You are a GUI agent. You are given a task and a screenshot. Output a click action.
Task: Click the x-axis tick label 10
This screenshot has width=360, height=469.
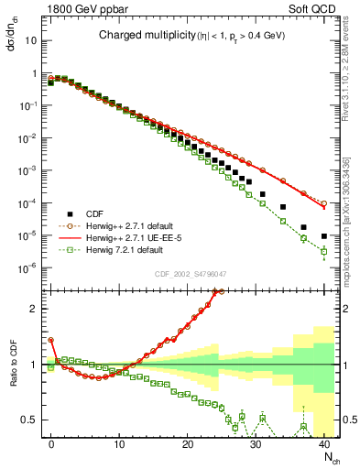[x=120, y=443]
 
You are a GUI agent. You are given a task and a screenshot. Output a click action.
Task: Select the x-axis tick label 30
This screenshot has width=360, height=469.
[x=256, y=443]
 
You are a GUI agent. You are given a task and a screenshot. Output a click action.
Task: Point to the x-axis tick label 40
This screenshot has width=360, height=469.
[x=324, y=443]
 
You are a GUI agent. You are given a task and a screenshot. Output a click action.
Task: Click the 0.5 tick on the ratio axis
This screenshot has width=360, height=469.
[x=31, y=420]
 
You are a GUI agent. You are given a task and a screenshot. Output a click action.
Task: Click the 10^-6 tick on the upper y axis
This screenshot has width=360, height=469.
[x=29, y=267]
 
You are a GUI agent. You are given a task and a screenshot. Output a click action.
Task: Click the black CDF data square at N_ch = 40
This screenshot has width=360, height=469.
[x=324, y=236]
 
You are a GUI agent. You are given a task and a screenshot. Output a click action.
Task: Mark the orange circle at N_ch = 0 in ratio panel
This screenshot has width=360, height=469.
[x=51, y=340]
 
